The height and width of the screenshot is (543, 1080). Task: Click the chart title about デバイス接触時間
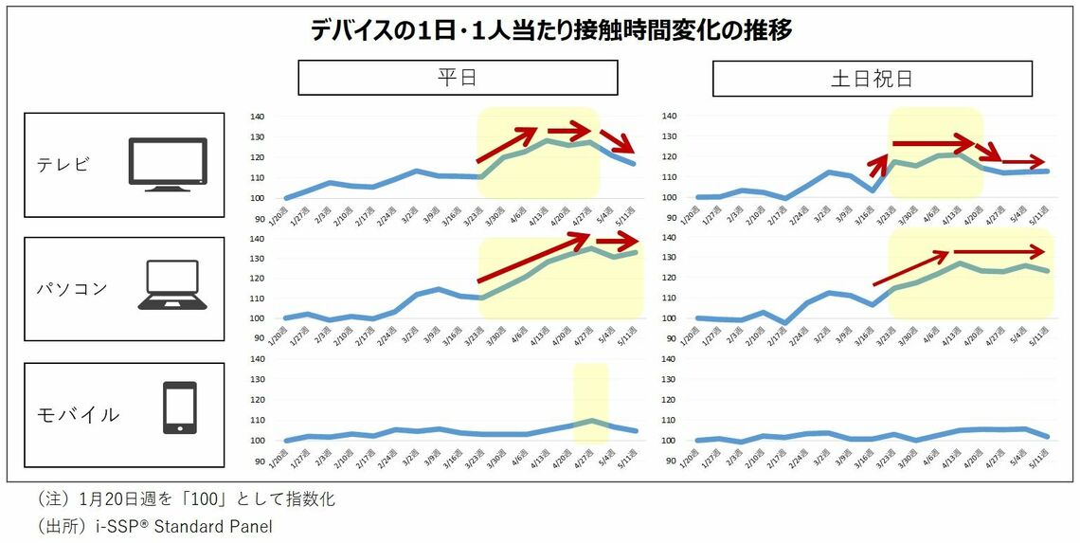point(551,30)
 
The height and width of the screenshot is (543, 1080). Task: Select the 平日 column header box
point(458,78)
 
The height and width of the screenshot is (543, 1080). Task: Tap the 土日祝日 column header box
point(872,78)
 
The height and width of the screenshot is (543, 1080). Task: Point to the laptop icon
point(172,285)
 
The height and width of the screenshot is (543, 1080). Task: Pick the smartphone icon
point(180,408)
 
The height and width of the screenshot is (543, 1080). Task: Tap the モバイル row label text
point(78,414)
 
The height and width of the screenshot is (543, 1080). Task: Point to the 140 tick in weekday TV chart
point(258,117)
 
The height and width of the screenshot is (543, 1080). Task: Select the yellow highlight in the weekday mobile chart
point(590,403)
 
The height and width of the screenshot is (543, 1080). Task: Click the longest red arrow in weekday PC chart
point(536,258)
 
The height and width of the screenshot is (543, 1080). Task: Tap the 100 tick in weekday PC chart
point(258,318)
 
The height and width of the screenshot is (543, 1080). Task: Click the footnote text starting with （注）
point(186,499)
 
